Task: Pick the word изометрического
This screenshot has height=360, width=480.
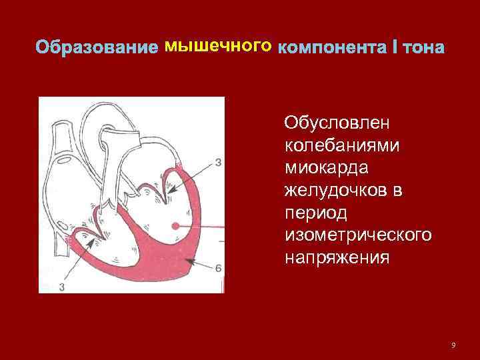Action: [x=357, y=235]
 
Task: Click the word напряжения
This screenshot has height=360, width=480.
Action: [x=336, y=257]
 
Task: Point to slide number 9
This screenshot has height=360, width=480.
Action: [x=453, y=345]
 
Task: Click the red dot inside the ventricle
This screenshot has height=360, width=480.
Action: [x=176, y=226]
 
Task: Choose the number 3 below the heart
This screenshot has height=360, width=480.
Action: [x=61, y=287]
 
